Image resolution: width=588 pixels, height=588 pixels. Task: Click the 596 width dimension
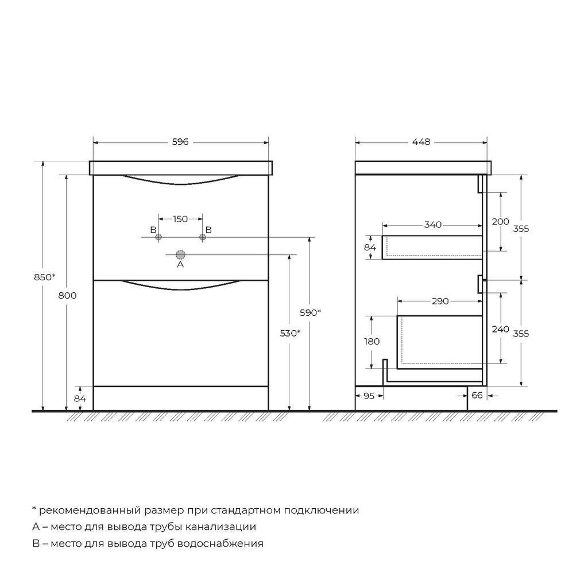pyautogui.click(x=180, y=142)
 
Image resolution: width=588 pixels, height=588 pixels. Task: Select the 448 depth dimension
pyautogui.click(x=421, y=142)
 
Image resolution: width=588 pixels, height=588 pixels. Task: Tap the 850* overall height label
pyautogui.click(x=45, y=277)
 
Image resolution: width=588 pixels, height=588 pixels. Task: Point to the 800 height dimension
pyautogui.click(x=68, y=296)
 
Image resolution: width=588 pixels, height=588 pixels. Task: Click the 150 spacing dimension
pyautogui.click(x=180, y=219)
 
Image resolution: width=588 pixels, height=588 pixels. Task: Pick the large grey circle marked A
pyautogui.click(x=181, y=255)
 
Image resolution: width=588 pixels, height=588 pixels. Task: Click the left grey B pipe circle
pyautogui.click(x=158, y=237)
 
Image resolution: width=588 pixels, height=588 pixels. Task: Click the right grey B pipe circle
pyautogui.click(x=203, y=237)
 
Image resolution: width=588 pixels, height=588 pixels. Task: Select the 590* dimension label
pyautogui.click(x=310, y=312)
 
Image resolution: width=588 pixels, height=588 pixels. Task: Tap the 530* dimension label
pyautogui.click(x=290, y=333)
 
